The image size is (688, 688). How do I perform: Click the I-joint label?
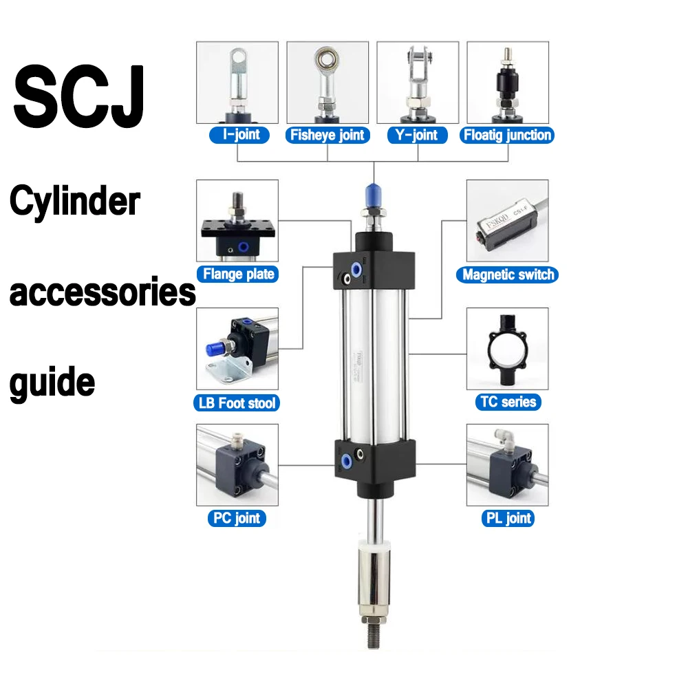(x=237, y=134)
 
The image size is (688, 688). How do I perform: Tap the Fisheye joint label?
(x=327, y=135)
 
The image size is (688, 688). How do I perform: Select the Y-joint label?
(x=418, y=134)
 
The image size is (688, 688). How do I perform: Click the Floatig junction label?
(x=507, y=135)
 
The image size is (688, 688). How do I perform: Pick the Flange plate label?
(x=238, y=274)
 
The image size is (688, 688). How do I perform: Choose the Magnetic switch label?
(x=508, y=275)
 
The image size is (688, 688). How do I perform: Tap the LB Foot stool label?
(x=237, y=402)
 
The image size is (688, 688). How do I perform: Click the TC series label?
(x=508, y=402)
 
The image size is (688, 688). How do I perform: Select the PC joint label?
(x=237, y=517)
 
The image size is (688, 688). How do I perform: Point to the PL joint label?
(x=508, y=517)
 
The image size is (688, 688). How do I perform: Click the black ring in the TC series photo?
(x=508, y=351)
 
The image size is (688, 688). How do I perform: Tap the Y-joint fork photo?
(x=418, y=83)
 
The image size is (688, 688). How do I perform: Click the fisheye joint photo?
(x=327, y=83)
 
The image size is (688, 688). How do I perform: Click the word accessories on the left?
(x=102, y=292)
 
